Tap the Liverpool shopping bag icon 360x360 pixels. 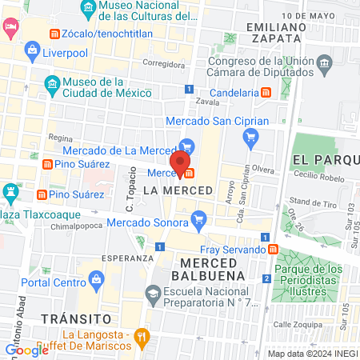point(33,52)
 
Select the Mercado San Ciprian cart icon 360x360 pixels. point(250,138)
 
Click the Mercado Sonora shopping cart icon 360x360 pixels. point(199,216)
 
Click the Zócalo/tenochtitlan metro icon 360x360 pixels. point(54,34)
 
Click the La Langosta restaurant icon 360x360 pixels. point(142,337)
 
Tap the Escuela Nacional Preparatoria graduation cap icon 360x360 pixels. point(151,294)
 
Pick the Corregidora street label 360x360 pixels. point(163,65)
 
